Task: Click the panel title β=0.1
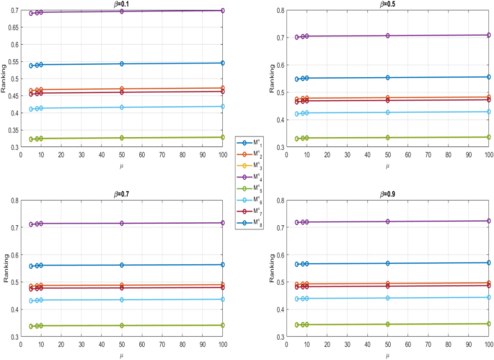click(x=121, y=4)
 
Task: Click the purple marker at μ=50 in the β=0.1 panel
click(x=122, y=12)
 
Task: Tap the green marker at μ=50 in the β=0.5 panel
click(x=388, y=137)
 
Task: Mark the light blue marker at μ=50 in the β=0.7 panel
click(x=122, y=299)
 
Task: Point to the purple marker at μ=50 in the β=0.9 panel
click(x=388, y=221)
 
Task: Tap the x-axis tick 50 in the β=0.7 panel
click(x=122, y=343)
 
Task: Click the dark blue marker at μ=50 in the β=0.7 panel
click(x=122, y=265)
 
